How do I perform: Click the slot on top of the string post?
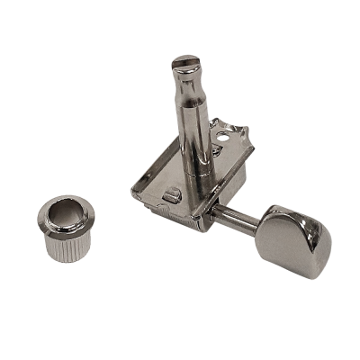tap(183, 61)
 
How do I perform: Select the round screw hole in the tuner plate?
tap(220, 140)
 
